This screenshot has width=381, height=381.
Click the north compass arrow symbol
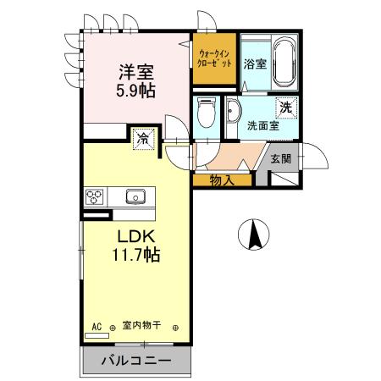pos(251,235)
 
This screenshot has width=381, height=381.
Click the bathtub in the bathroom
pos(284,62)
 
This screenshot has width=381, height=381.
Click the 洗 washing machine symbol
pos(287,108)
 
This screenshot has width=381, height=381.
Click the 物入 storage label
pos(222,179)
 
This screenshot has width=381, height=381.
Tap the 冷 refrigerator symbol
pos(144,137)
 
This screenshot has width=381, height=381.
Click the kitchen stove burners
pos(94,196)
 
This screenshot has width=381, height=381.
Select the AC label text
pos(97,325)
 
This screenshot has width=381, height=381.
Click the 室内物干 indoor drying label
pos(142,325)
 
